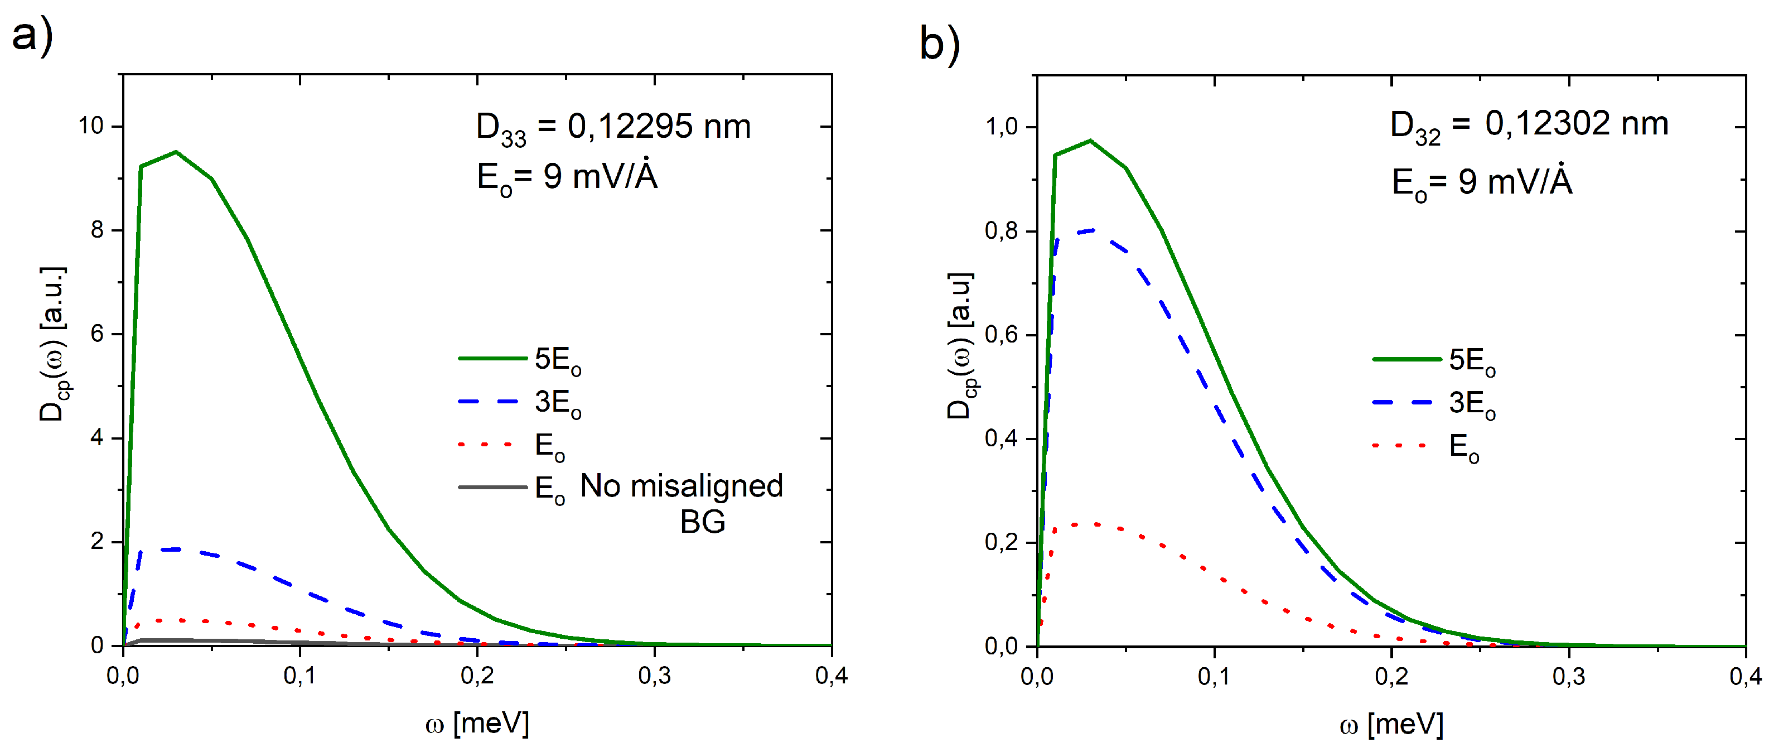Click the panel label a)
point(32,35)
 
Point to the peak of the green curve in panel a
point(176,152)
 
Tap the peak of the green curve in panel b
point(1090,141)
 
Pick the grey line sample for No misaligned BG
point(492,488)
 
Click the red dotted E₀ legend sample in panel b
point(1401,446)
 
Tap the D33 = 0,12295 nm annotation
point(613,128)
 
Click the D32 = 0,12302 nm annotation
point(1529,126)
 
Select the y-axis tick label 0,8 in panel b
point(1000,231)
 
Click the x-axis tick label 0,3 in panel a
point(654,676)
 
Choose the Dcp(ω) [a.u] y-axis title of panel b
point(959,345)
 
